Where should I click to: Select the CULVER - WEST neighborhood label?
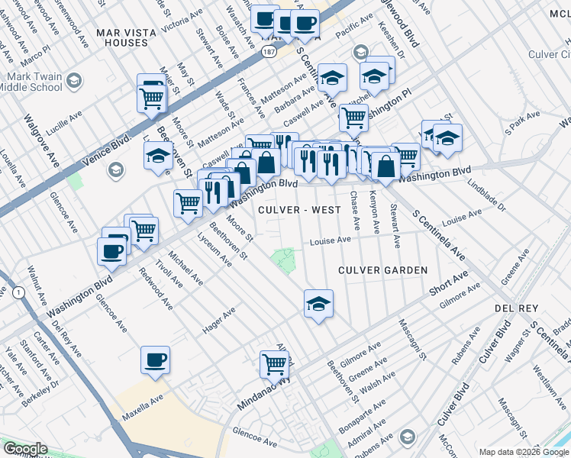[x=298, y=210]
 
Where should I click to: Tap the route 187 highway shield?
[x=267, y=50]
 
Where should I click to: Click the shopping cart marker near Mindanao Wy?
[x=274, y=363]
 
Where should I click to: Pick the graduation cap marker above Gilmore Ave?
[x=318, y=305]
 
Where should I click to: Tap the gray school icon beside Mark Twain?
[x=73, y=80]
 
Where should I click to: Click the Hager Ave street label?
[x=218, y=322]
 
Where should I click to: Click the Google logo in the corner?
[x=24, y=450]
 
